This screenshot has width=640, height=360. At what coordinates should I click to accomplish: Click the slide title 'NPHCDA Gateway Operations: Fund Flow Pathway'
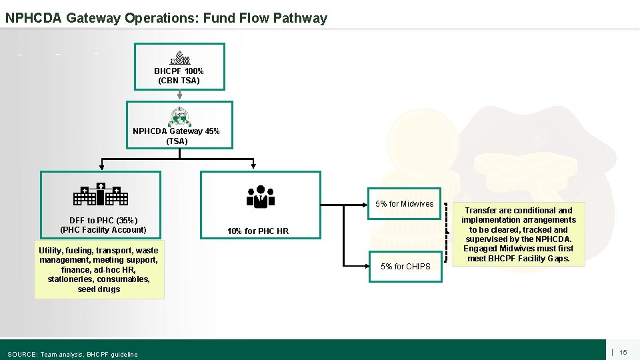166,18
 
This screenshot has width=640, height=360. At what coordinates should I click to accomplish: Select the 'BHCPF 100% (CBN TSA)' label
179,76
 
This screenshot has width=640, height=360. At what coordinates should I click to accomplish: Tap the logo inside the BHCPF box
179,57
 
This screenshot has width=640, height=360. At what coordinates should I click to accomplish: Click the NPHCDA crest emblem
179,117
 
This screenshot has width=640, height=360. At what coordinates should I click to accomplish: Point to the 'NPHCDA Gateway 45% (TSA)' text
176,136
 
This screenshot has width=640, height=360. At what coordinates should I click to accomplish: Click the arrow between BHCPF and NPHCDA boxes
179,95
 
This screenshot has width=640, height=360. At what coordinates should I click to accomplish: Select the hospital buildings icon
100,194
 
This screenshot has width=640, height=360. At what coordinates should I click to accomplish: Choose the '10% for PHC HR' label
258,231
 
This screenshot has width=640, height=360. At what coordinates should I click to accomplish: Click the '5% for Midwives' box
404,204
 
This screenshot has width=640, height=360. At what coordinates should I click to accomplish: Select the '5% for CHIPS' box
405,267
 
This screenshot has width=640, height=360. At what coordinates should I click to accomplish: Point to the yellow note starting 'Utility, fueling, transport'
99,269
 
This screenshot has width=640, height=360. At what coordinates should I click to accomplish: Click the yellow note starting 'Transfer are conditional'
518,234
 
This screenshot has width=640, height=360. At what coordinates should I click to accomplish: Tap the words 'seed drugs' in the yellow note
99,289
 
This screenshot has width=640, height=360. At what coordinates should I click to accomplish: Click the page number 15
623,352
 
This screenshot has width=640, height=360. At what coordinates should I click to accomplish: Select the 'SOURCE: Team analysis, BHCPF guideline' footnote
73,354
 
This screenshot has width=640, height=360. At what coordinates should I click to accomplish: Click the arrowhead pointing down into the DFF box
101,167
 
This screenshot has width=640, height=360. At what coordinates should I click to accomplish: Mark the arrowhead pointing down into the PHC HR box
253,167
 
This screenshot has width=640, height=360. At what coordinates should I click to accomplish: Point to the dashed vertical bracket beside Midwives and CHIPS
446,234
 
